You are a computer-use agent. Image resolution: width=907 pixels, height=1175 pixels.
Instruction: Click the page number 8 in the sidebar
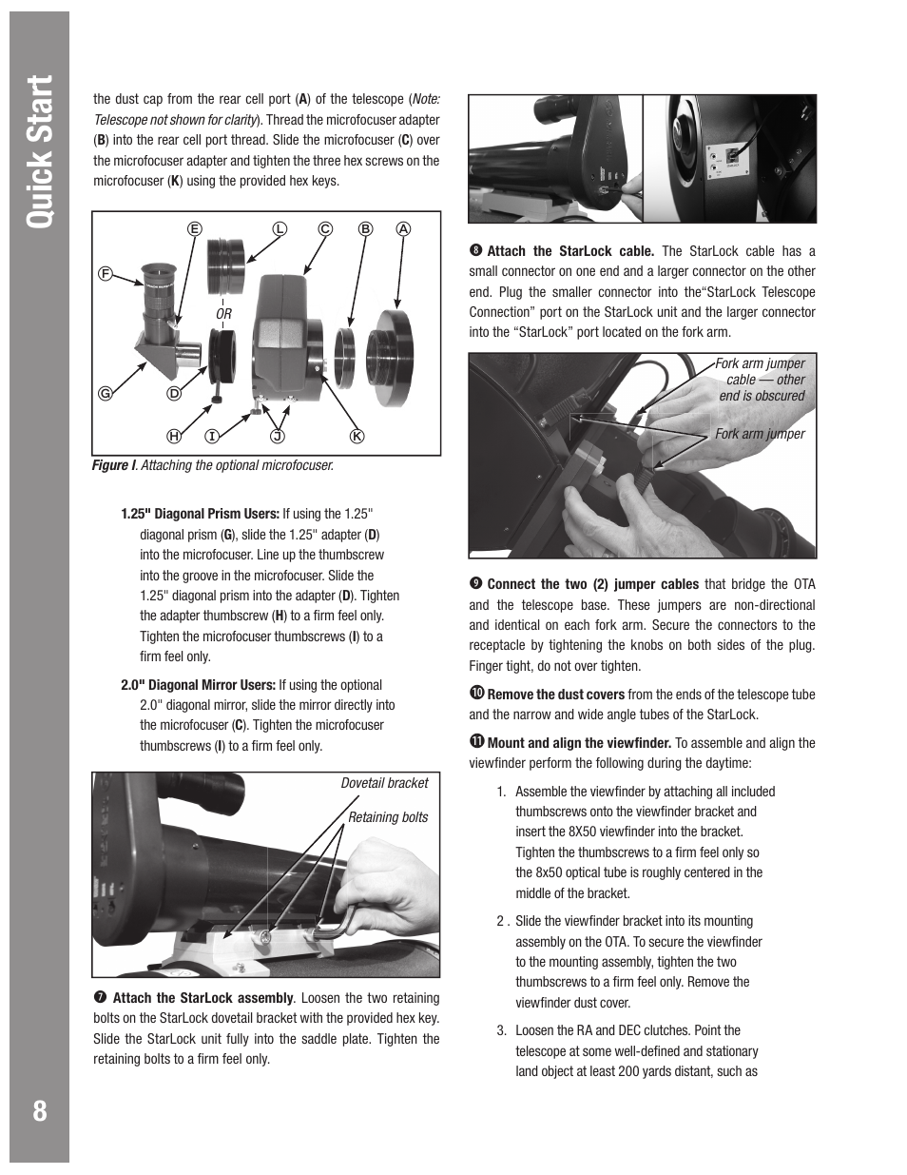39,1110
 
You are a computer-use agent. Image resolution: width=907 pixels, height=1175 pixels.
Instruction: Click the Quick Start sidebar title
39,153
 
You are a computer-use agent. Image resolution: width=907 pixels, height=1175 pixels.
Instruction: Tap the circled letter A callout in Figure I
403,228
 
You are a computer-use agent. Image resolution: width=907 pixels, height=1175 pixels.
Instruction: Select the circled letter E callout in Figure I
194,228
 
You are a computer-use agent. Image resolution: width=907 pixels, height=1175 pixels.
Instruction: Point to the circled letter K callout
357,436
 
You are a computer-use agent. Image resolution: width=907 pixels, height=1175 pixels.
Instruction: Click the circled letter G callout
107,393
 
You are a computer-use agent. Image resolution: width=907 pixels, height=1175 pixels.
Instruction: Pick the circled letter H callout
174,436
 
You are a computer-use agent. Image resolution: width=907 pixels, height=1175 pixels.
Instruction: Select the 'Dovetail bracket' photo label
384,783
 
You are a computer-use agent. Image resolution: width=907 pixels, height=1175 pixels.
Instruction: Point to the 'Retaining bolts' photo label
387,817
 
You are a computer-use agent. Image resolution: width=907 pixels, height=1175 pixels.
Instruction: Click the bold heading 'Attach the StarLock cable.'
569,251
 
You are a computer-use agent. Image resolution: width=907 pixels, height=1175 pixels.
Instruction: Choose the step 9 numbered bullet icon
474,584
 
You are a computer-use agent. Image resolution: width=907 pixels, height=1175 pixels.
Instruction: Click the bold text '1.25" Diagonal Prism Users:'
200,514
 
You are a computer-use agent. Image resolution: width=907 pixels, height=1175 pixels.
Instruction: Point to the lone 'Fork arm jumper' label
760,434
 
